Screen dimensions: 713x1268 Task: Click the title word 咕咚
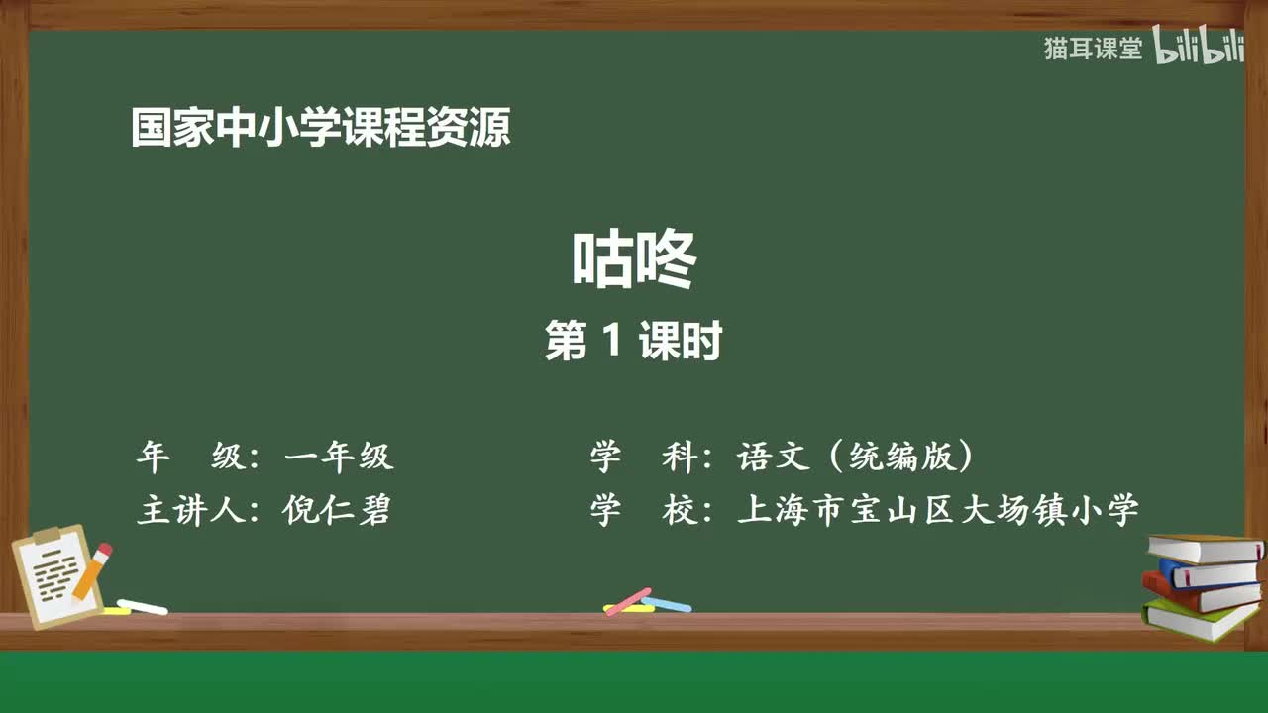[x=634, y=260]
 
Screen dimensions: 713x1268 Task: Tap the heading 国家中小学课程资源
[x=321, y=129]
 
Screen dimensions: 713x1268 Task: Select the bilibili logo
[x=1199, y=49]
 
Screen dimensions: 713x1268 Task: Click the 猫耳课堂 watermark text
[x=1093, y=49]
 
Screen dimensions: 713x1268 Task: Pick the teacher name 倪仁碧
[x=337, y=510]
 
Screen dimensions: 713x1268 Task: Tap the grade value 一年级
[x=339, y=457]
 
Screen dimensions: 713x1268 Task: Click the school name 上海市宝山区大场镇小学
[x=938, y=510]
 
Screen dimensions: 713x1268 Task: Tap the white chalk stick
[x=143, y=606]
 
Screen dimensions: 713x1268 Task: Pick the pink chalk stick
[x=627, y=600]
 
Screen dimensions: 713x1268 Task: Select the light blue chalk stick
[x=668, y=604]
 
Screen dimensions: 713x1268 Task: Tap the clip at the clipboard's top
[x=47, y=536]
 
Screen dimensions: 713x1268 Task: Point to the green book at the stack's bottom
[x=1199, y=619]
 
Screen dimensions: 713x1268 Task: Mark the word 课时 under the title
[x=680, y=342]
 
